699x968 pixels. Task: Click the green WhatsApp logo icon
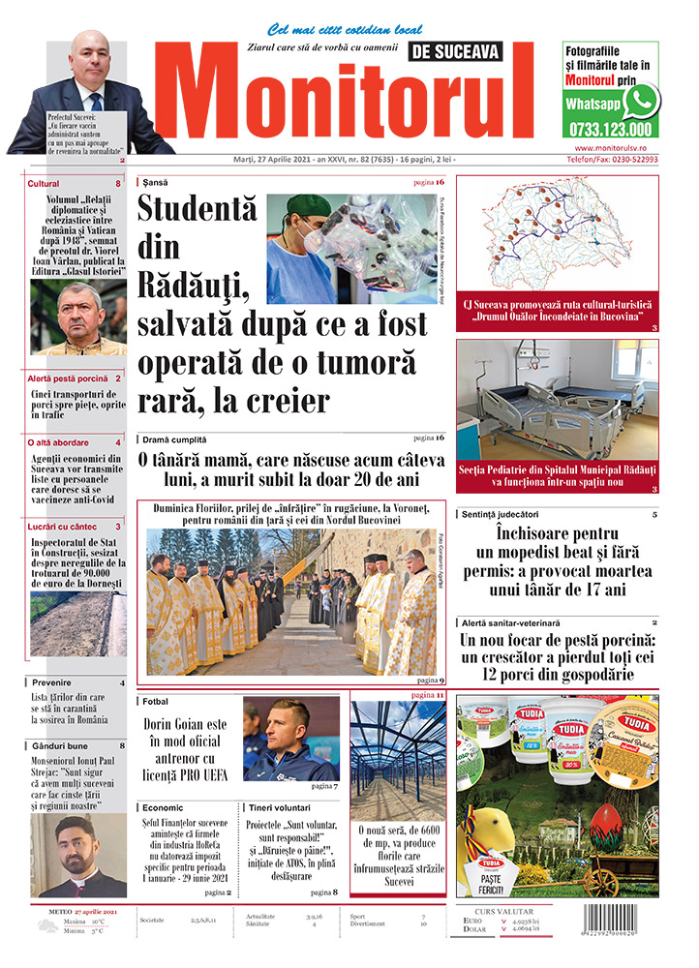pos(641,101)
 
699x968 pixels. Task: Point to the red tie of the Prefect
pos(96,103)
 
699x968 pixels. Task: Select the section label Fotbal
pos(156,701)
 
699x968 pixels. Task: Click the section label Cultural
pos(44,183)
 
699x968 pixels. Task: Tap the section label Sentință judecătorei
pos(501,513)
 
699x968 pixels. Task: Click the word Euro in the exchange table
pos(474,920)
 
